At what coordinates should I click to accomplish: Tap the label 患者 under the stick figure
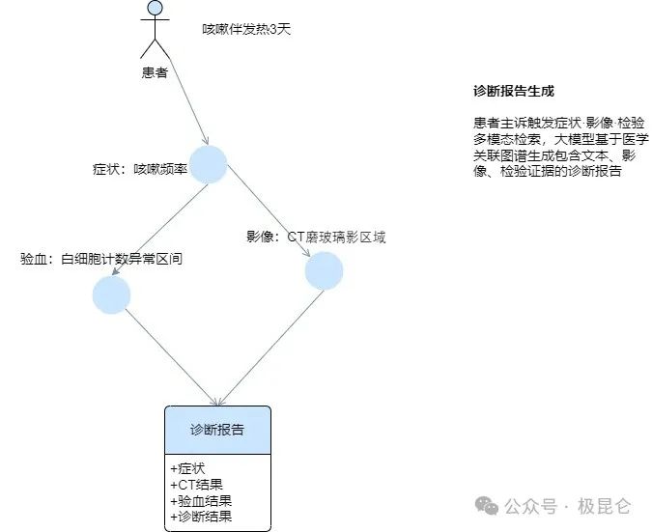pyautogui.click(x=155, y=72)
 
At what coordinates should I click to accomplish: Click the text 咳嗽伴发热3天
pyautogui.click(x=246, y=30)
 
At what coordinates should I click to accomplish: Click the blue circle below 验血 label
pyautogui.click(x=111, y=294)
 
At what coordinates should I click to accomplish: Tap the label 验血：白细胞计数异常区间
pyautogui.click(x=101, y=259)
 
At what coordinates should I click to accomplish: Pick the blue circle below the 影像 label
pyautogui.click(x=324, y=271)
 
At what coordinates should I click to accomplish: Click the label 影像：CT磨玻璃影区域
pyautogui.click(x=316, y=238)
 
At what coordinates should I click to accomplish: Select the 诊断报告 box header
pyautogui.click(x=217, y=429)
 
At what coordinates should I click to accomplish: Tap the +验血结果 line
pyautogui.click(x=201, y=501)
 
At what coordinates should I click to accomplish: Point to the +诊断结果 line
pyautogui.click(x=201, y=517)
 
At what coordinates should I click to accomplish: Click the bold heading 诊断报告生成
pyautogui.click(x=514, y=92)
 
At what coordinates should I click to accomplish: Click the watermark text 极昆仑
pyautogui.click(x=605, y=506)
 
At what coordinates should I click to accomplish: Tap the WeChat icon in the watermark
pyautogui.click(x=489, y=506)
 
